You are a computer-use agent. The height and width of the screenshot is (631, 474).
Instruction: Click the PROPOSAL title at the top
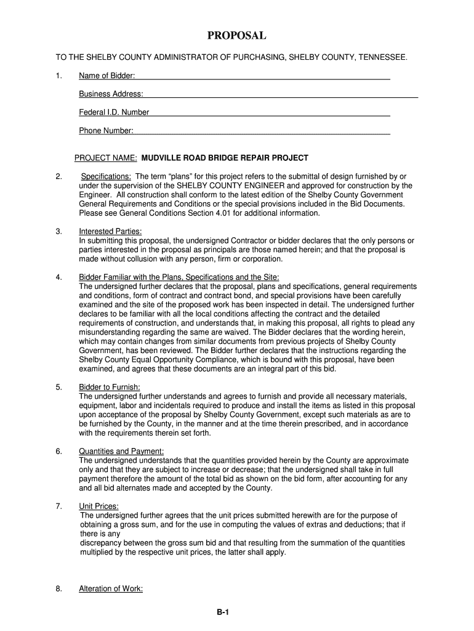pyautogui.click(x=236, y=36)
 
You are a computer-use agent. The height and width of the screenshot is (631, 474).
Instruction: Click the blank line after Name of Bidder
pyautogui.click(x=262, y=76)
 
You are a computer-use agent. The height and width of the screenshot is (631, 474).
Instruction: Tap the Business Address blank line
pyautogui.click(x=281, y=94)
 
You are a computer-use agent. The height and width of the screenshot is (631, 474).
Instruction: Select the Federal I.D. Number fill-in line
pyautogui.click(x=270, y=113)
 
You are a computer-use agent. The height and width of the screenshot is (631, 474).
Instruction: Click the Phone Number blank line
pyautogui.click(x=262, y=131)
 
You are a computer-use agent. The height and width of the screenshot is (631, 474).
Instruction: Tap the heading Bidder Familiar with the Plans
pyautogui.click(x=179, y=277)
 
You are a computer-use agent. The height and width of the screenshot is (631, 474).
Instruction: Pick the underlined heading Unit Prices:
pyautogui.click(x=98, y=506)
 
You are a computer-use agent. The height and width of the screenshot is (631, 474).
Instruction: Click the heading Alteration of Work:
pyautogui.click(x=111, y=588)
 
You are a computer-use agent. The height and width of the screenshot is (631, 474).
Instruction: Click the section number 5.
pyautogui.click(x=58, y=387)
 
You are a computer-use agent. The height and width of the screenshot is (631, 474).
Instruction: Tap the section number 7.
pyautogui.click(x=58, y=506)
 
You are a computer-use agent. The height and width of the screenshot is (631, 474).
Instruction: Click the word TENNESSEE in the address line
pyautogui.click(x=382, y=57)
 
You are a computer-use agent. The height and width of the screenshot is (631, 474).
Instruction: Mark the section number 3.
pyautogui.click(x=58, y=231)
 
